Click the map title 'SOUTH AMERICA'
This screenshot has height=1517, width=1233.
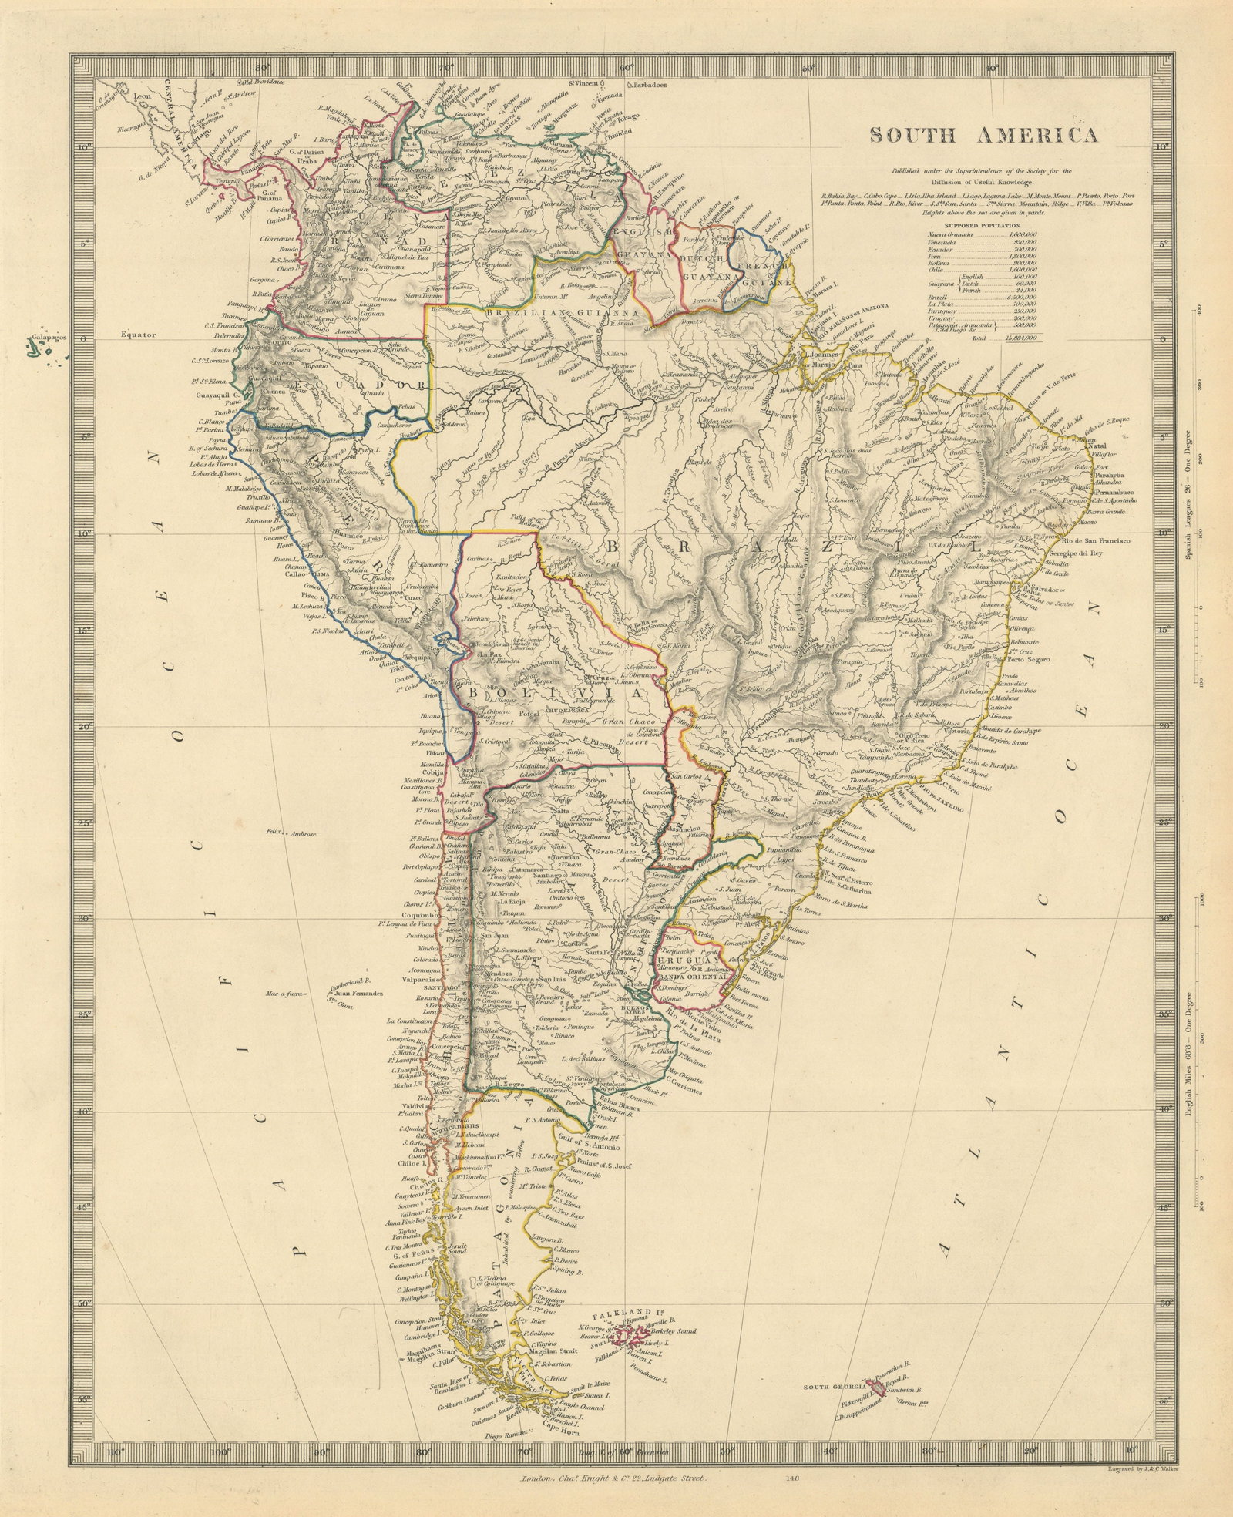click(984, 135)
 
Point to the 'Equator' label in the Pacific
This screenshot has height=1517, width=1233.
click(138, 335)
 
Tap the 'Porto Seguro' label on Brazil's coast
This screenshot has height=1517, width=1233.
click(1032, 659)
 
